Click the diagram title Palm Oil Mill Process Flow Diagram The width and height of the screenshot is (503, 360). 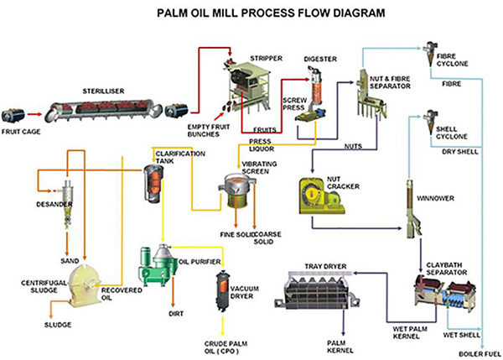(x=271, y=13)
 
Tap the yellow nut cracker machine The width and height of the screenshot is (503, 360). (x=322, y=196)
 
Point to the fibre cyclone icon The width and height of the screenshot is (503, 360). (x=428, y=54)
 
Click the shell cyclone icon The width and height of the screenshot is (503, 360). (x=430, y=123)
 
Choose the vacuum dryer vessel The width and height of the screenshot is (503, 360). (x=222, y=291)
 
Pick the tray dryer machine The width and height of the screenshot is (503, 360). (x=317, y=290)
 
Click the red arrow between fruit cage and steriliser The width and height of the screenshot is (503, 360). (x=34, y=114)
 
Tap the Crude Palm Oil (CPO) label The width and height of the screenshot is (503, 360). (x=226, y=347)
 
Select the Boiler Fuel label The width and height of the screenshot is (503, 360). (x=480, y=354)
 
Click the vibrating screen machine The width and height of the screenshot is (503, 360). (x=236, y=190)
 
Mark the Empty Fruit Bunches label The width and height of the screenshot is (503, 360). (x=209, y=130)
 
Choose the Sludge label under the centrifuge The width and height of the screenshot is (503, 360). (x=58, y=325)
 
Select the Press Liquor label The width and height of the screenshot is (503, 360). (x=262, y=145)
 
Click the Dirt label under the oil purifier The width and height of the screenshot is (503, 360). (x=176, y=314)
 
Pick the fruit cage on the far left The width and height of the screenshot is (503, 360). (x=13, y=115)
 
